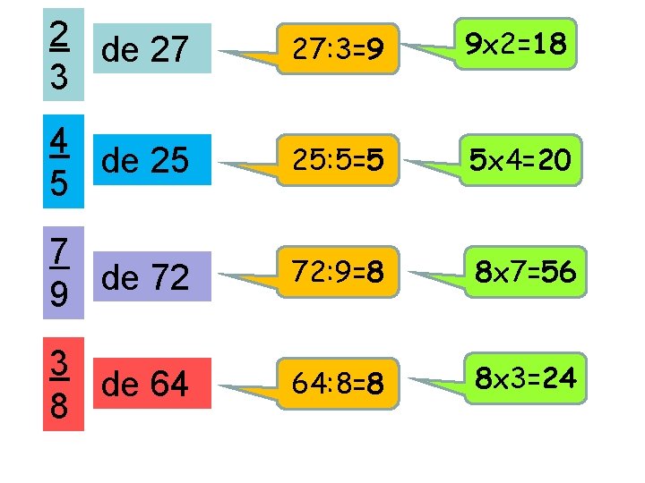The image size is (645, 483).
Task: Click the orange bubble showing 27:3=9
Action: tap(339, 48)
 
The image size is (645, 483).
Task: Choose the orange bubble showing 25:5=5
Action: tap(339, 161)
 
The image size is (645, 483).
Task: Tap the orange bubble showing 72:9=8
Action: tap(339, 272)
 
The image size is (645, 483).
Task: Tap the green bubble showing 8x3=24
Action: tap(525, 379)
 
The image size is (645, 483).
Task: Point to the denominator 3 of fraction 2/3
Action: tap(59, 79)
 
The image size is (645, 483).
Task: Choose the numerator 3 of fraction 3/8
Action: tap(59, 363)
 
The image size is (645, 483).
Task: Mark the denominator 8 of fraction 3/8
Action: tap(59, 408)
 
